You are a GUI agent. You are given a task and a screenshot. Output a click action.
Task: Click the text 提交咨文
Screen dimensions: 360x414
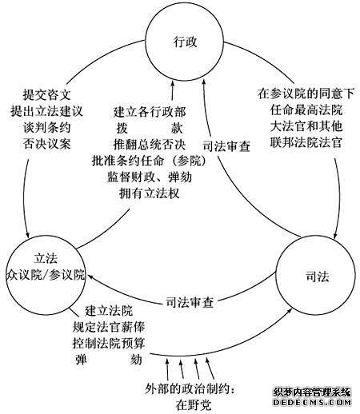pyautogui.click(x=47, y=94)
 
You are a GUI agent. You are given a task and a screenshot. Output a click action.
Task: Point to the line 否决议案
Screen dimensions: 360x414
pyautogui.click(x=47, y=144)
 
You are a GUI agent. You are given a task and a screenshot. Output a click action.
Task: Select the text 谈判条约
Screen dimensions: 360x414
pyautogui.click(x=47, y=127)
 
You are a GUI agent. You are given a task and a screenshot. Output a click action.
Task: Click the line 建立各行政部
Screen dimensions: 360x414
pyautogui.click(x=150, y=112)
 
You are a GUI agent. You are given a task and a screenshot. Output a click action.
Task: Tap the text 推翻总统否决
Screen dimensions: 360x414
pyautogui.click(x=150, y=145)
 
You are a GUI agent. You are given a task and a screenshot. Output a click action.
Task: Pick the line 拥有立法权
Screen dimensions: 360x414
pyautogui.click(x=150, y=193)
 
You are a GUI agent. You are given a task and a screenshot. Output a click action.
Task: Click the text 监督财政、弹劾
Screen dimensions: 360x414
pyautogui.click(x=150, y=177)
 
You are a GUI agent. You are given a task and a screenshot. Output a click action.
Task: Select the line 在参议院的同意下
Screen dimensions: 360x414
pyautogui.click(x=306, y=94)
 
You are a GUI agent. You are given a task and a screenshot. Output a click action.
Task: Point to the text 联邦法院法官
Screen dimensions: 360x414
pyautogui.click(x=306, y=142)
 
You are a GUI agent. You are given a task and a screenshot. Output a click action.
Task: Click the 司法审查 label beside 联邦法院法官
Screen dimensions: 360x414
pyautogui.click(x=226, y=146)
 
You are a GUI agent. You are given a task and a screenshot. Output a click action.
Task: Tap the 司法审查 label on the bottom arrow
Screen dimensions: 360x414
pyautogui.click(x=190, y=303)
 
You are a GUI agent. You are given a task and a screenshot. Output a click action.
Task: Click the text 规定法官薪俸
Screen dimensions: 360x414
pyautogui.click(x=109, y=327)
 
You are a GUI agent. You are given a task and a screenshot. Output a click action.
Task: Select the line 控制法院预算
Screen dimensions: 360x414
pyautogui.click(x=109, y=344)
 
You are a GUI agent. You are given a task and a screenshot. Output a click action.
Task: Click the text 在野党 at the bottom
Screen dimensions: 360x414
pyautogui.click(x=193, y=405)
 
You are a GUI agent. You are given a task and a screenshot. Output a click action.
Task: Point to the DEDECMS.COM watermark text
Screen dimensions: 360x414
pyautogui.click(x=311, y=402)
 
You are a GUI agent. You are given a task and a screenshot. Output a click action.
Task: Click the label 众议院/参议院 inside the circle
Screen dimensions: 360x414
pyautogui.click(x=46, y=275)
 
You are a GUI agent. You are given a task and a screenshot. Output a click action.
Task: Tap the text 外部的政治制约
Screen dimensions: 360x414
pyautogui.click(x=187, y=389)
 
